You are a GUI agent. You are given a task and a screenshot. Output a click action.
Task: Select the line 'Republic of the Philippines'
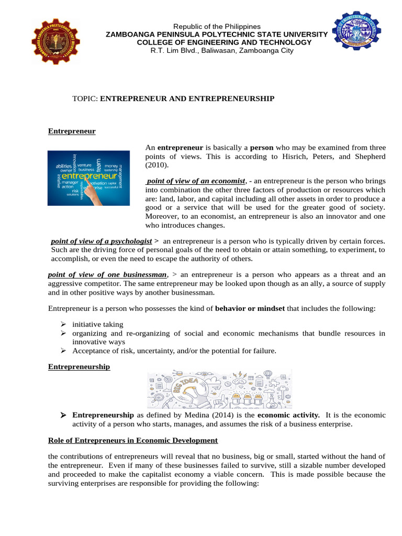coord(217,26)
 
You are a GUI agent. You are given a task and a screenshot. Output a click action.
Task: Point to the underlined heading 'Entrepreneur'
coord(72,131)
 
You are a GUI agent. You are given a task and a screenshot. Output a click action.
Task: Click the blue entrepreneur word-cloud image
coord(88,178)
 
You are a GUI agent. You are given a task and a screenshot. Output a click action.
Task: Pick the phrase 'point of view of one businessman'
coord(107,275)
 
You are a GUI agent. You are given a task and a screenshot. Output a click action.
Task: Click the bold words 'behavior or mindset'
coord(250,308)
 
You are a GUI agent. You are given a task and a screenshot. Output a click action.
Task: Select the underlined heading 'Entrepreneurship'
coord(79,367)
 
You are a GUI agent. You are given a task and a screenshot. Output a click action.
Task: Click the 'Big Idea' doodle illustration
coord(220,388)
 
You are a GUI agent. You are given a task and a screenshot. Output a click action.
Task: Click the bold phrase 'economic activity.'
coord(289,415)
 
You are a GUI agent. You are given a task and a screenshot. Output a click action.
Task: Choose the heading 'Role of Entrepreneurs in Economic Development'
coord(133,440)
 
